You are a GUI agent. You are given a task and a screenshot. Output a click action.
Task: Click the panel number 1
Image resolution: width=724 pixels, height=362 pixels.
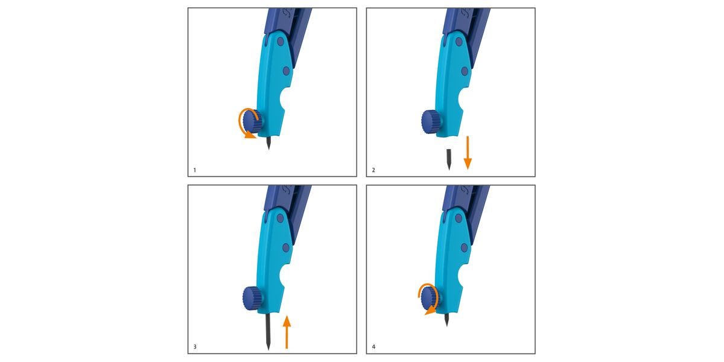click(x=194, y=170)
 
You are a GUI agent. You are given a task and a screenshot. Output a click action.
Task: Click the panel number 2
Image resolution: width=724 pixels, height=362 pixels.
click(x=373, y=170)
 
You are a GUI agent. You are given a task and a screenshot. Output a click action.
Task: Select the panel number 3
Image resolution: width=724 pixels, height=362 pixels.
click(x=194, y=347)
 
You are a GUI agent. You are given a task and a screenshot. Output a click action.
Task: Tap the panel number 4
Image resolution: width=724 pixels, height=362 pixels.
click(x=373, y=347)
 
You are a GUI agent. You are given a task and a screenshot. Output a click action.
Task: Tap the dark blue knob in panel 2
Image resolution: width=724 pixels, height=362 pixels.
click(x=431, y=121)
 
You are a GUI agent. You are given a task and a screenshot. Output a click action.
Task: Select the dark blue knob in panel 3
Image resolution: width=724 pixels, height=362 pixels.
click(x=252, y=298)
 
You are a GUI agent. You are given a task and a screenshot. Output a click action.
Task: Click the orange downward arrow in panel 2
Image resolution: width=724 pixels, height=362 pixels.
click(x=468, y=153)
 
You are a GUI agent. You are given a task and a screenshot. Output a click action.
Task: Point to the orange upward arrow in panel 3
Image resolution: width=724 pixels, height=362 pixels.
click(x=287, y=332)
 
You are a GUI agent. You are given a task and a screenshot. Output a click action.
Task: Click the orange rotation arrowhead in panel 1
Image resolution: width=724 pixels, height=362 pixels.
click(x=250, y=135)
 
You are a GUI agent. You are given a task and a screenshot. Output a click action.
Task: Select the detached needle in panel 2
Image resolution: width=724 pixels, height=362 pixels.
click(x=449, y=159)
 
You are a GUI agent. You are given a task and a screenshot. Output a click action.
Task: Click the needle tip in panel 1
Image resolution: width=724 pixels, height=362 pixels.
click(x=268, y=149)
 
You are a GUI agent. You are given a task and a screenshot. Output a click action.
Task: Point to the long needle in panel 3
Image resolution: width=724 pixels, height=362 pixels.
click(x=268, y=331)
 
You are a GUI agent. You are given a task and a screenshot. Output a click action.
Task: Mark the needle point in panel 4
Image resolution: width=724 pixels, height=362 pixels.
click(x=446, y=326)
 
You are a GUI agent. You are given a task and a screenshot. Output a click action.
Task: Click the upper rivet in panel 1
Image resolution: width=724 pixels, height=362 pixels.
click(x=281, y=42)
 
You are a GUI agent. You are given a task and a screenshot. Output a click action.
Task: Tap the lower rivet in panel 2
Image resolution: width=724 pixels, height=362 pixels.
click(x=465, y=71)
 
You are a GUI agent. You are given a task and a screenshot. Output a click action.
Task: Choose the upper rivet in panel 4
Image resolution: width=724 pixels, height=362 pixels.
click(x=459, y=218)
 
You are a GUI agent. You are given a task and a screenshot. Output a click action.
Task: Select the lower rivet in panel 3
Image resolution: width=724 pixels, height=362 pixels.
click(x=286, y=248)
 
